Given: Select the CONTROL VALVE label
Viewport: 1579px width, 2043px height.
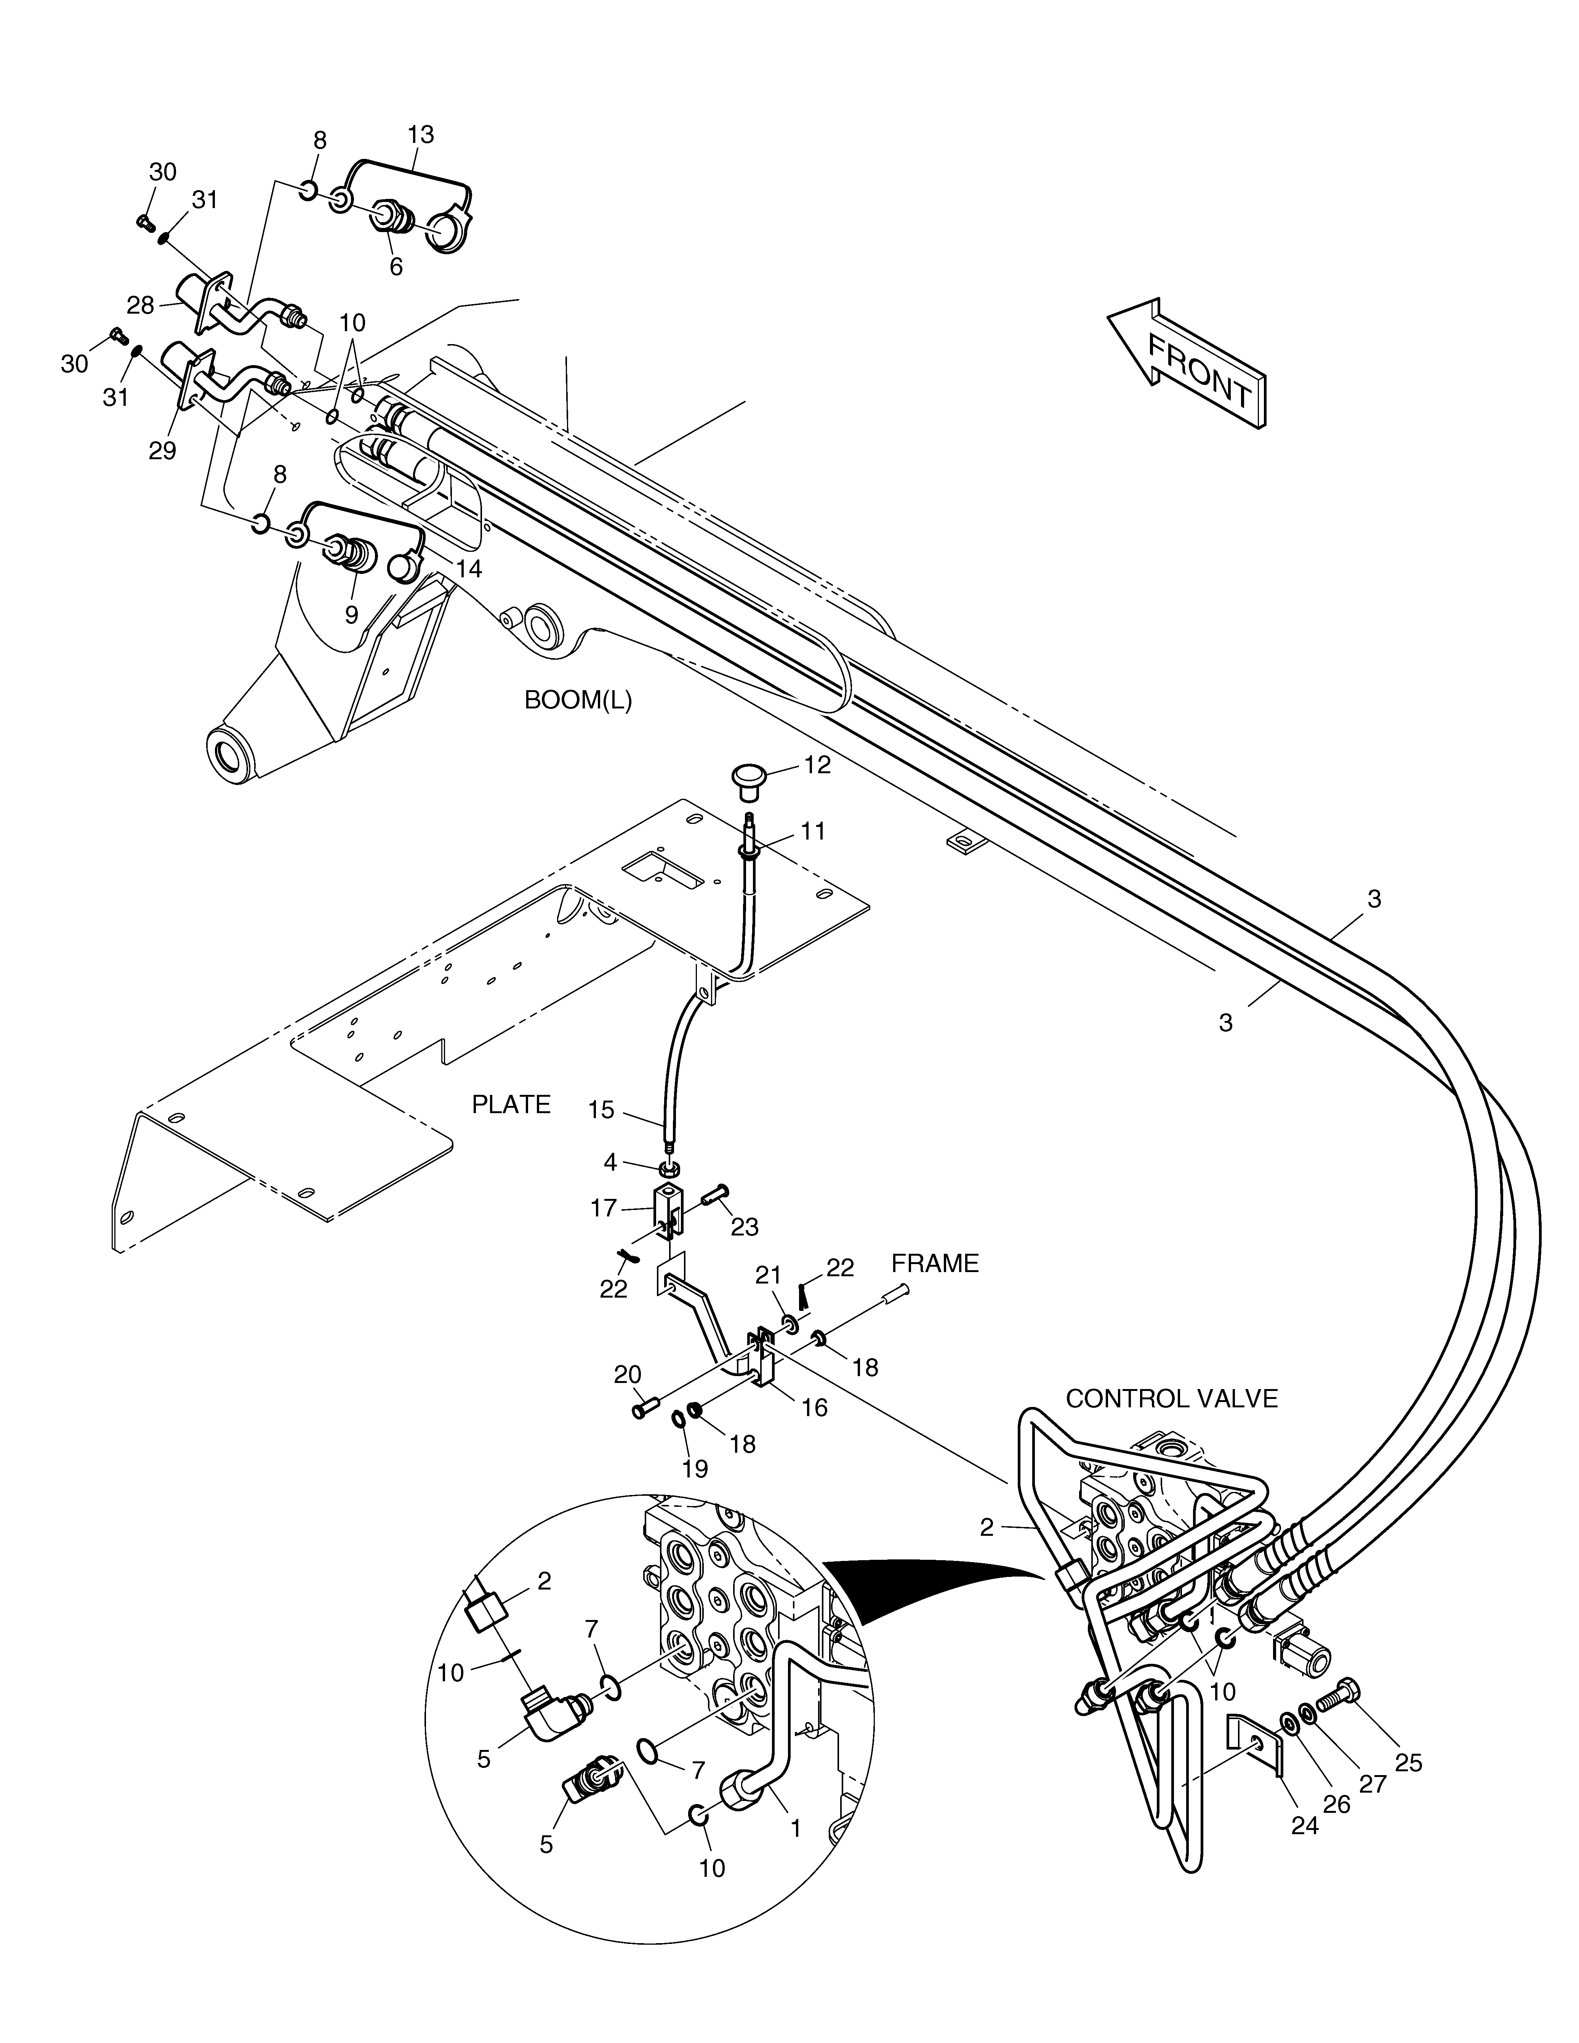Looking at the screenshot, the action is (x=1171, y=1424).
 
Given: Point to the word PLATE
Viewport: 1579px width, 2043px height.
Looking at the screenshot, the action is (x=511, y=1105).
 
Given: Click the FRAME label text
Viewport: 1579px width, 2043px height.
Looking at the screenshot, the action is (x=935, y=1264).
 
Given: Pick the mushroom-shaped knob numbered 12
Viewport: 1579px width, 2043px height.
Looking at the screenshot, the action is (x=748, y=781).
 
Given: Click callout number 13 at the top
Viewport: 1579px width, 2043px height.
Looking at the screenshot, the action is (x=421, y=135).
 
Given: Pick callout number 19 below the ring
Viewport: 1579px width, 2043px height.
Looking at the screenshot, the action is (x=695, y=1469).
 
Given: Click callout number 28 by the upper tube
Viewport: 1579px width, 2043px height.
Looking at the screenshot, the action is (x=141, y=305).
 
